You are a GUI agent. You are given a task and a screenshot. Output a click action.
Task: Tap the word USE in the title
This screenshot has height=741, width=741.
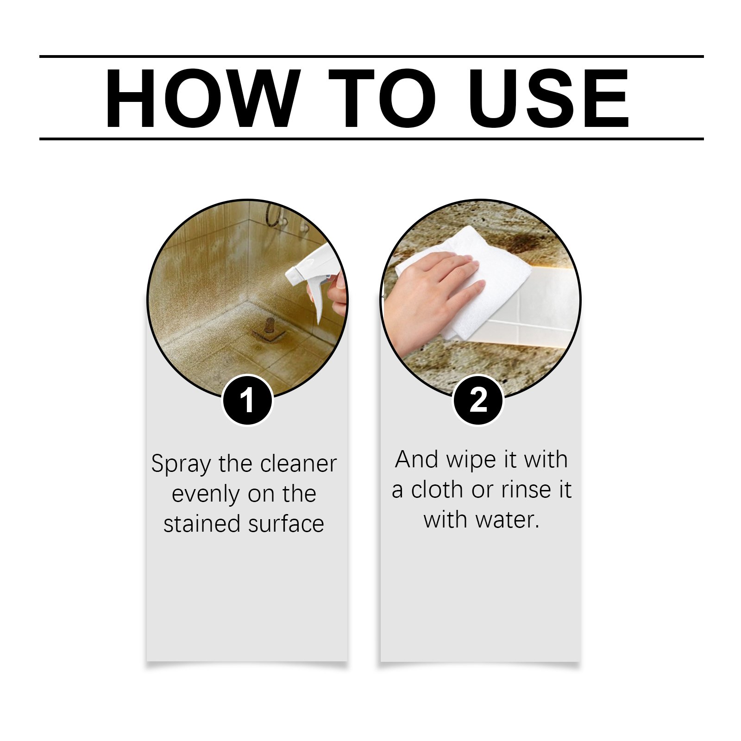(549, 98)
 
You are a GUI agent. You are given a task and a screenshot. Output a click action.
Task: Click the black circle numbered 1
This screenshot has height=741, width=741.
(247, 400)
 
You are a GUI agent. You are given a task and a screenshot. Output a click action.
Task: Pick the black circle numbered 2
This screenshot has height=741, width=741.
(478, 400)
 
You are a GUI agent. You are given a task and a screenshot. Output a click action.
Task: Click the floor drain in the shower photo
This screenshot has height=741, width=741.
(269, 330)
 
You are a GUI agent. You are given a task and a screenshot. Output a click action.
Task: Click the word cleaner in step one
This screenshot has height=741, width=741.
(298, 464)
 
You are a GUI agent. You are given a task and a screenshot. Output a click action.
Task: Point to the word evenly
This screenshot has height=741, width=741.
(207, 495)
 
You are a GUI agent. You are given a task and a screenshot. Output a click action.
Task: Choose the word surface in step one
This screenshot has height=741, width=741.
(286, 524)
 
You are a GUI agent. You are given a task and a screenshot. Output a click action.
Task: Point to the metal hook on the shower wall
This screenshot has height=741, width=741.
(273, 216)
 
